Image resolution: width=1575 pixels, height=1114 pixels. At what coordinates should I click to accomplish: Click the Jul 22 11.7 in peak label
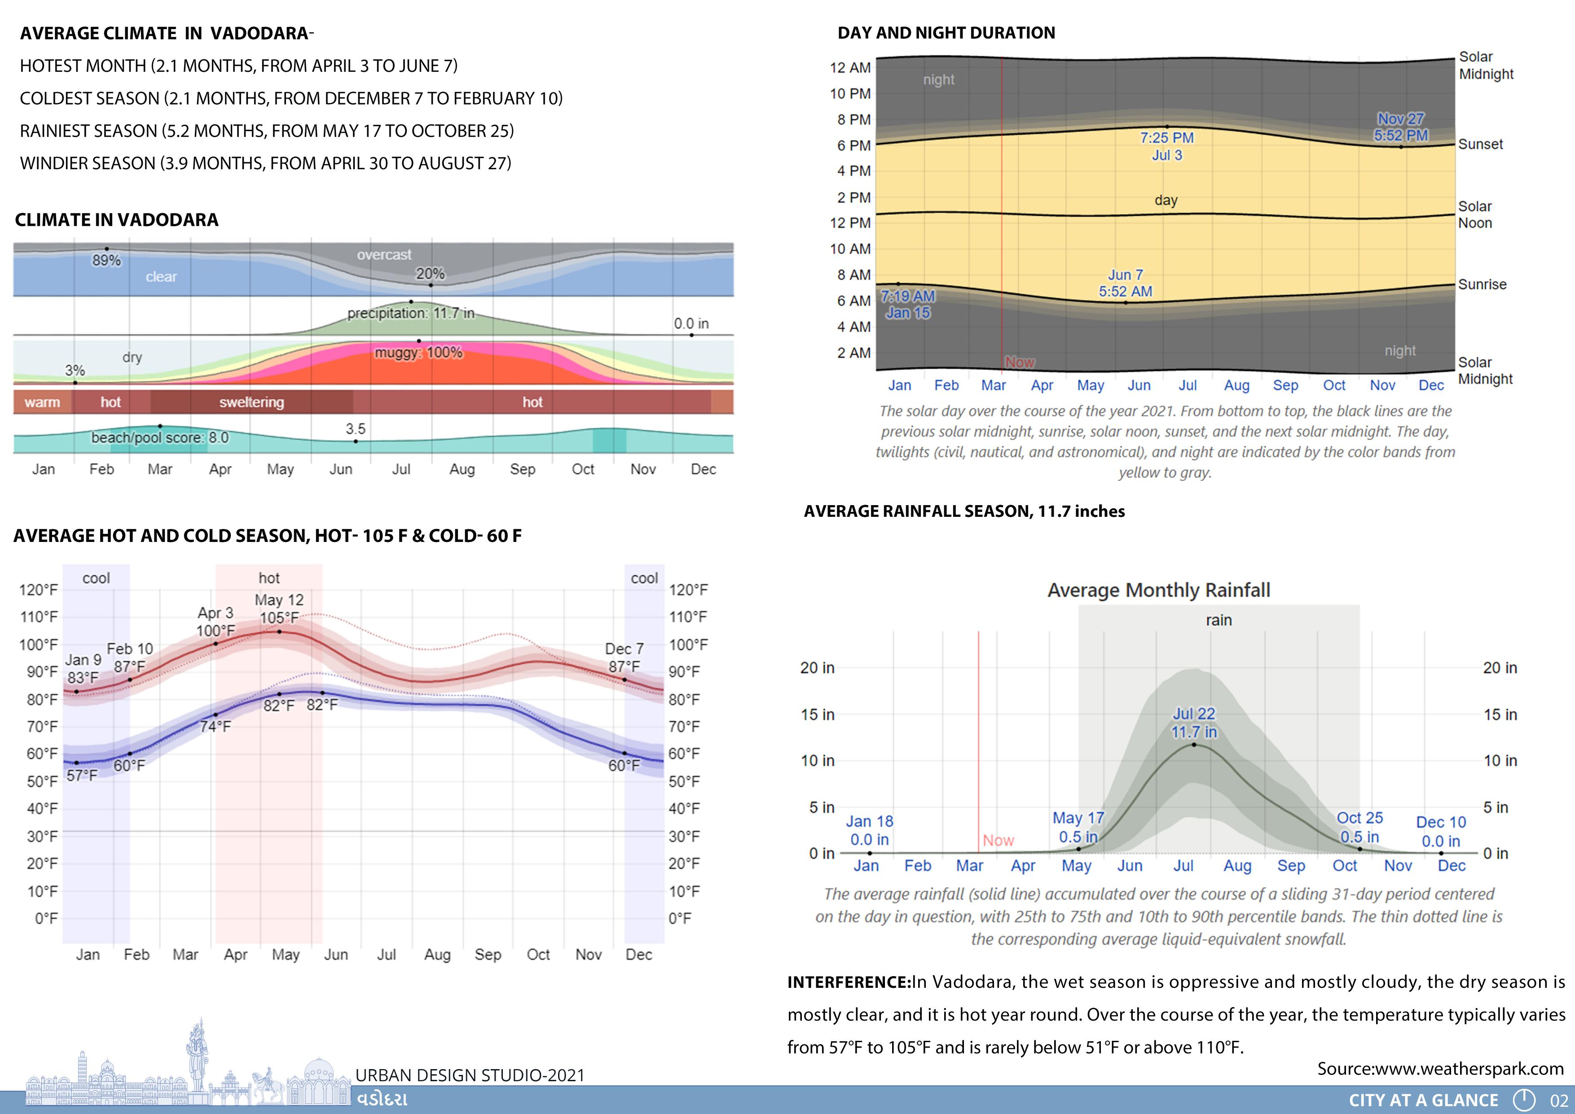pos(1194,723)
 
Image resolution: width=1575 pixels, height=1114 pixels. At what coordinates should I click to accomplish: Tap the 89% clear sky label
pos(106,261)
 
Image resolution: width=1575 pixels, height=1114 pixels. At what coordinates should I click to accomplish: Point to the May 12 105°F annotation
pos(279,608)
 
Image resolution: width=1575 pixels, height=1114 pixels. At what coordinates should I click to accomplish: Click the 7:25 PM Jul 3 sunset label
pos(1167,146)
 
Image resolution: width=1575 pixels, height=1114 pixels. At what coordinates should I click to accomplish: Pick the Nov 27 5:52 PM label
pos(1401,127)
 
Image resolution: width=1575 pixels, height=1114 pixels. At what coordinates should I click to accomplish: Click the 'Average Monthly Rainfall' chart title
pos(1159,590)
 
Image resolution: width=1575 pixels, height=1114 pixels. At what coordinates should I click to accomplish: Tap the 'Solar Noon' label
pos(1475,215)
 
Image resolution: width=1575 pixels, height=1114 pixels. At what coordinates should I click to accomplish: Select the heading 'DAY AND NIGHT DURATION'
pos(946,33)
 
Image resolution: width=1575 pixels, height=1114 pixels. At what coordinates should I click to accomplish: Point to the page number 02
pos(1558,1100)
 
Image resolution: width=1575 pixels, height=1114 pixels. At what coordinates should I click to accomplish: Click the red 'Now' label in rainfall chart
pos(998,840)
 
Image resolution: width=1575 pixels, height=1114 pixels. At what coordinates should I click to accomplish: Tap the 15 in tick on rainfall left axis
pos(818,715)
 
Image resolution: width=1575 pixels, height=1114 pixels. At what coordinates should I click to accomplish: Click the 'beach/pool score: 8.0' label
pos(160,438)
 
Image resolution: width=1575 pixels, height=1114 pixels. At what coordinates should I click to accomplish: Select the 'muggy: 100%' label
pos(418,352)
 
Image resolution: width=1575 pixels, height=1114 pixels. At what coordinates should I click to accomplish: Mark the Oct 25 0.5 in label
pos(1359,827)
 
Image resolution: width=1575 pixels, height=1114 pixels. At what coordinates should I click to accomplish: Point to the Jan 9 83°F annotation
pos(83,669)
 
